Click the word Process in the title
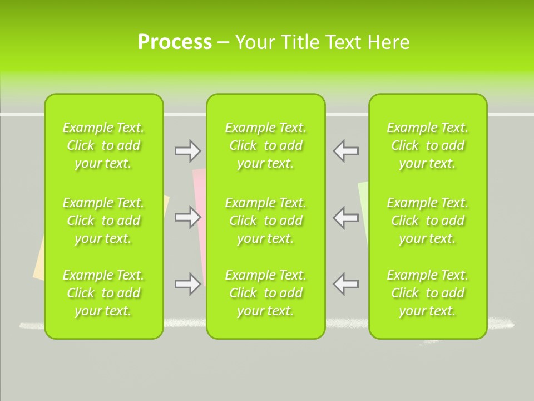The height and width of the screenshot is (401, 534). [x=175, y=42]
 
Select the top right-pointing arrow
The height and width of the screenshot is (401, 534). [x=188, y=150]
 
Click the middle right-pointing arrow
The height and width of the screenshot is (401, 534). [x=188, y=217]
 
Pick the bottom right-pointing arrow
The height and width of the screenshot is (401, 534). [x=188, y=284]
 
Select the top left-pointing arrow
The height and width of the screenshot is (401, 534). [x=346, y=150]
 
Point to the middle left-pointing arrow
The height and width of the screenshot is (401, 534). [x=346, y=217]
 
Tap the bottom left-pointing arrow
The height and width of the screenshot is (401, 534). [x=346, y=284]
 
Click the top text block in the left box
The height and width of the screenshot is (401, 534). [x=103, y=145]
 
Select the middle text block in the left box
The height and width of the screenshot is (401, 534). [x=103, y=221]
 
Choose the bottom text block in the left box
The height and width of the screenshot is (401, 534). [x=103, y=293]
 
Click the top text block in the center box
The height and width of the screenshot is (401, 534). [x=266, y=145]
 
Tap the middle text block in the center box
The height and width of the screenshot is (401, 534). [x=266, y=221]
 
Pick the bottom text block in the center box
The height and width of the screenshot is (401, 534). [x=266, y=293]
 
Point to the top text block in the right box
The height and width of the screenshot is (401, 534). [x=428, y=145]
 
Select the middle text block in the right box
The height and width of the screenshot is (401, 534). [x=428, y=221]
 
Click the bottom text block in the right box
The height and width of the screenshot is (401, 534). [x=428, y=293]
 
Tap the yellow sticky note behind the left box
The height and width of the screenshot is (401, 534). [x=39, y=262]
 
